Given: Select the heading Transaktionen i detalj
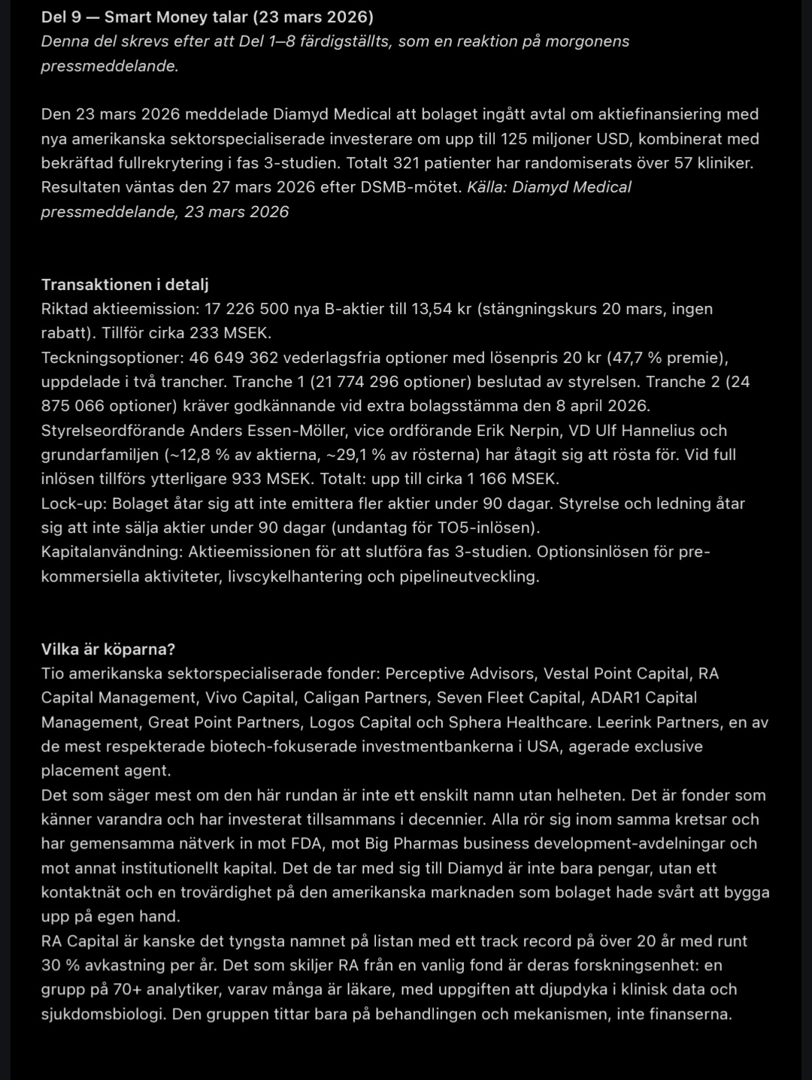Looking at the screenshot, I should (125, 285).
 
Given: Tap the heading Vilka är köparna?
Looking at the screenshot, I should (108, 649).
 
